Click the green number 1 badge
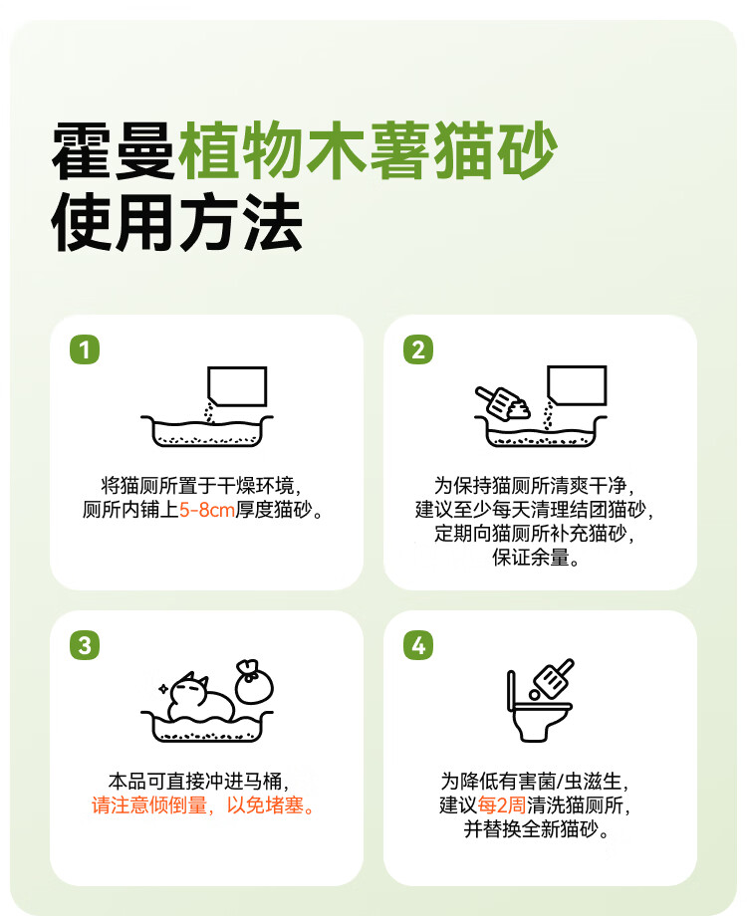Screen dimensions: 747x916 click(x=85, y=349)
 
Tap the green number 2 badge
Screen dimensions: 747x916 click(x=418, y=349)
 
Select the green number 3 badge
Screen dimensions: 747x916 click(x=85, y=645)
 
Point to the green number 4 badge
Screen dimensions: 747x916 click(x=418, y=645)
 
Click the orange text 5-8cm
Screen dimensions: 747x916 click(x=207, y=510)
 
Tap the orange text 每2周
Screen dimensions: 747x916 click(x=502, y=805)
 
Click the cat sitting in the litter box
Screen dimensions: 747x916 click(x=200, y=698)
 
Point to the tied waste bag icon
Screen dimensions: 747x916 click(x=254, y=682)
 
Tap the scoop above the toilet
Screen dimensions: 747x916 click(x=553, y=679)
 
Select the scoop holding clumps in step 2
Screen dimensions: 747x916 click(x=503, y=403)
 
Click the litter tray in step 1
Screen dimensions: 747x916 click(x=206, y=431)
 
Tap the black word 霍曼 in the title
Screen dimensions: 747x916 click(x=114, y=151)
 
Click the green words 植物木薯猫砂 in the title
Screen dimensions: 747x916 click(x=368, y=151)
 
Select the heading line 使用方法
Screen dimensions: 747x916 click(x=176, y=223)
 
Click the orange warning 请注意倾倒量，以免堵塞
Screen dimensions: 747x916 click(x=203, y=805)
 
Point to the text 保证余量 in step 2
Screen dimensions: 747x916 click(x=531, y=558)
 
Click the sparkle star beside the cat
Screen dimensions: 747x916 click(x=163, y=688)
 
